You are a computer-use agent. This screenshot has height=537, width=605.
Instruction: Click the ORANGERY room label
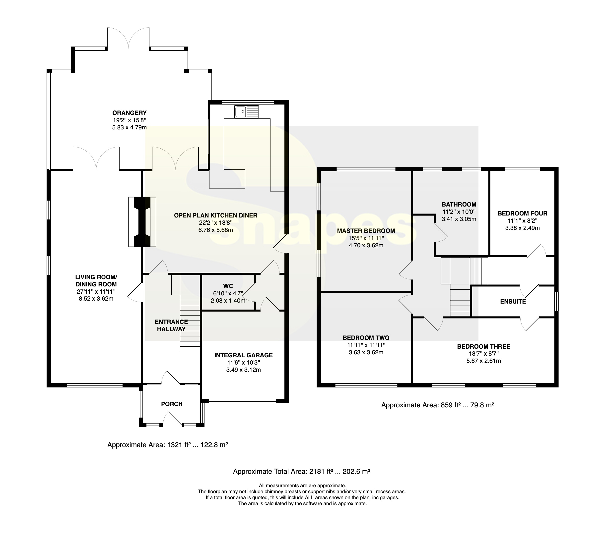[x=129, y=113]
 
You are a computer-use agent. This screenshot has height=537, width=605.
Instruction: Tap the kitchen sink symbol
[x=247, y=112]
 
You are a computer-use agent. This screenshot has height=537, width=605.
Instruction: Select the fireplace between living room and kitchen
[x=142, y=222]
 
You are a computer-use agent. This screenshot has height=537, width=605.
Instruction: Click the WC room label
[x=228, y=286]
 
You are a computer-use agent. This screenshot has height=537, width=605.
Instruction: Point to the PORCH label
[x=172, y=404]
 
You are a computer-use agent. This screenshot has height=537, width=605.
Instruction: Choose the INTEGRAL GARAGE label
[x=243, y=355]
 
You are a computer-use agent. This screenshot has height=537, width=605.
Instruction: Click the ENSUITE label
[x=513, y=302]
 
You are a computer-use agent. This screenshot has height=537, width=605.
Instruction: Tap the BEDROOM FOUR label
[x=522, y=214]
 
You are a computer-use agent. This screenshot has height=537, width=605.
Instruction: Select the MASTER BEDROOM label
[x=366, y=231]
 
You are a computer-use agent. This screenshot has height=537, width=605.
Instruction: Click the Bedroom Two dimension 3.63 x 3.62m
[x=366, y=352]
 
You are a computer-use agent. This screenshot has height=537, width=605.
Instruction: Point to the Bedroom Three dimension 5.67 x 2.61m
[x=484, y=361]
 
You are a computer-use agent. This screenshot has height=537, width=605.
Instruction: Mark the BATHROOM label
[x=459, y=204]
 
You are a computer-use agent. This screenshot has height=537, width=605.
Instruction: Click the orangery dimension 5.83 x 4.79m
[x=129, y=128]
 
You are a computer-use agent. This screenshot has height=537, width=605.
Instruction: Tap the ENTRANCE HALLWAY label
[x=171, y=325]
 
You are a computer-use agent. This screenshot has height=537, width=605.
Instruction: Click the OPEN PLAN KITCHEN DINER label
[x=215, y=215]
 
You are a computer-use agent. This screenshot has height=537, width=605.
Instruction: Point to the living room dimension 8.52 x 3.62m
[x=96, y=299]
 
